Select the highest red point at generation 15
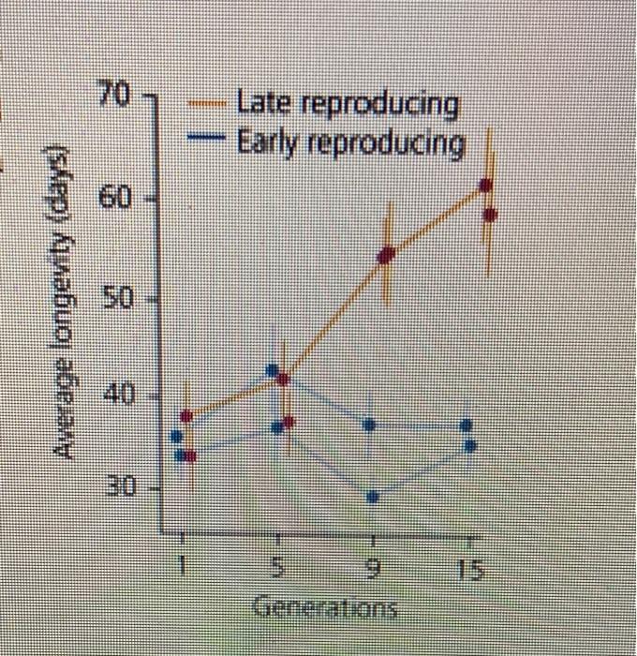pyautogui.click(x=484, y=185)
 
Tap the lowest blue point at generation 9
pyautogui.click(x=373, y=497)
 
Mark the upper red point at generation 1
pyautogui.click(x=187, y=415)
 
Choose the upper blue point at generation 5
pyautogui.click(x=273, y=370)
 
